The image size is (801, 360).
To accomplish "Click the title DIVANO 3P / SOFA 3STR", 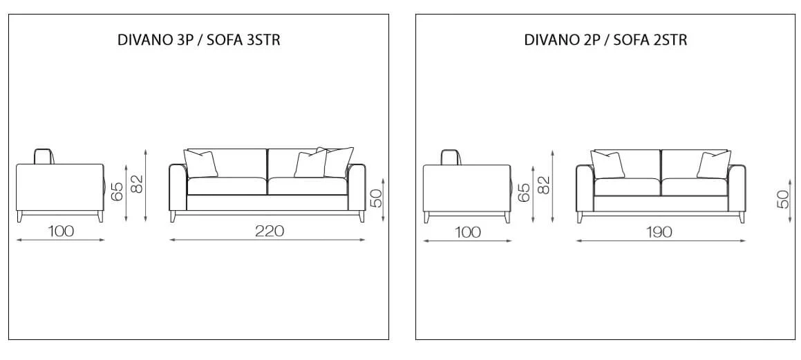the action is (x=199, y=40).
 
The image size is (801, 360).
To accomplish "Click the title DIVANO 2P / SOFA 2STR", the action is (x=605, y=40).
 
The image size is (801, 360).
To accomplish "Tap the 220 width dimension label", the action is (x=270, y=231).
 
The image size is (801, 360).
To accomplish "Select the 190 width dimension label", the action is (x=659, y=232).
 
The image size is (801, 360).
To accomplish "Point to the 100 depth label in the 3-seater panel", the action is (x=61, y=231).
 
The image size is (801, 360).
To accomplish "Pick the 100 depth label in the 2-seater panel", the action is (x=467, y=232).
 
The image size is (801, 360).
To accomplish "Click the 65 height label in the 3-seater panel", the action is (x=117, y=191).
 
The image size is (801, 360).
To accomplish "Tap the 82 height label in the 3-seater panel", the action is (x=137, y=184).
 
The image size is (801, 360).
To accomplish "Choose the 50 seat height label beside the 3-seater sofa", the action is (x=375, y=198).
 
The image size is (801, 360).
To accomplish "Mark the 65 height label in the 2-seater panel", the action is (x=524, y=193).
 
